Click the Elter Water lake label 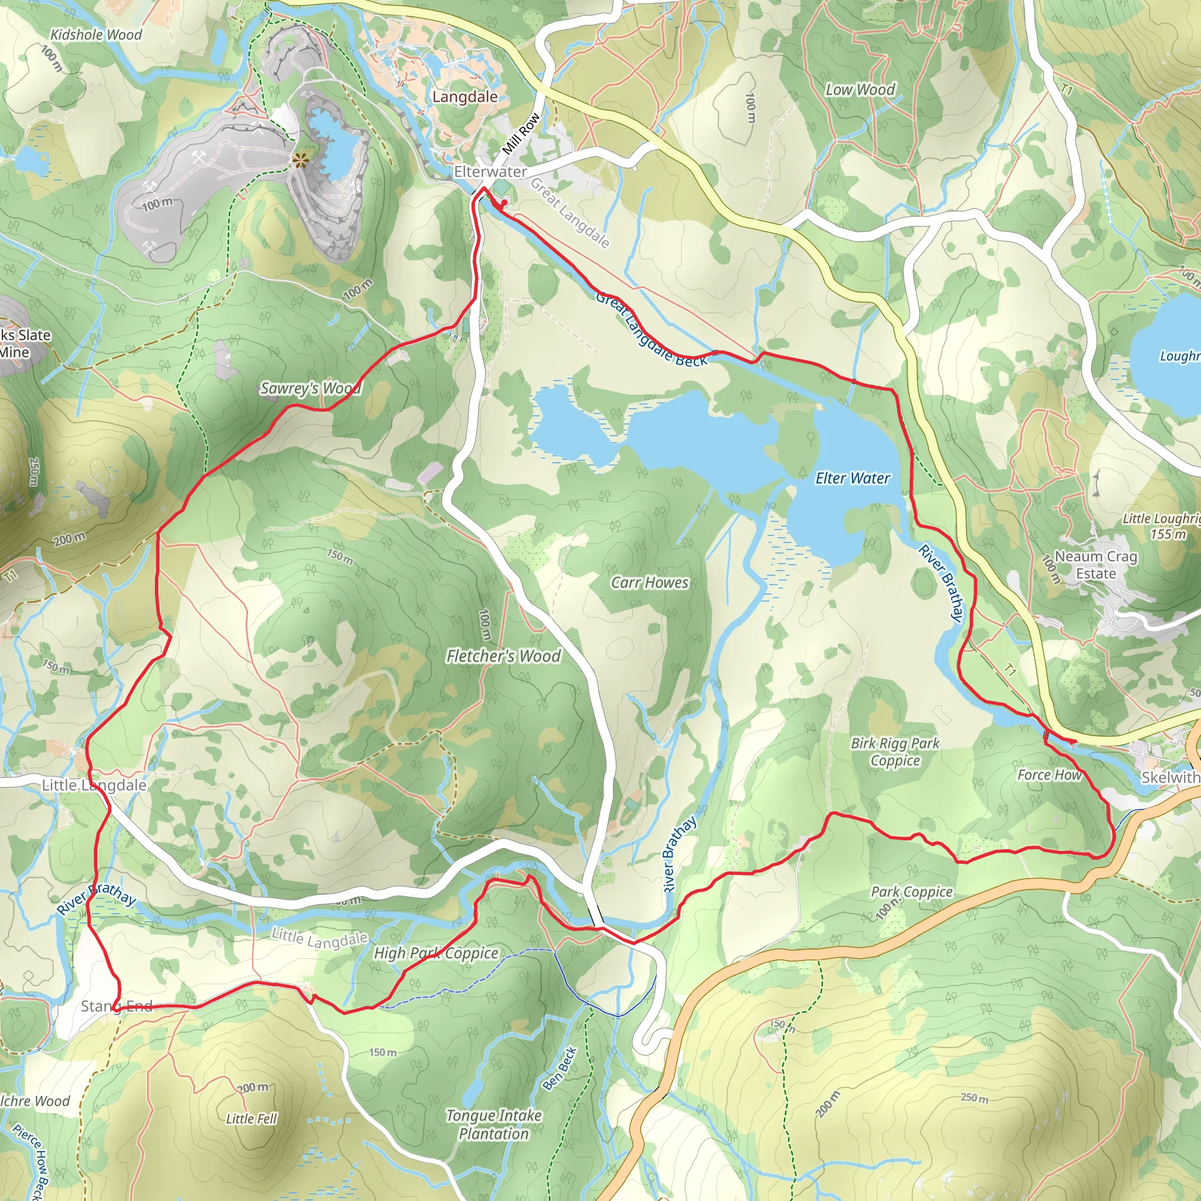(852, 478)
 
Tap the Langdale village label (465, 97)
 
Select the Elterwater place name (490, 172)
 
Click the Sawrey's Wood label (310, 389)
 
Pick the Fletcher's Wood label (504, 656)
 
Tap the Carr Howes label (650, 582)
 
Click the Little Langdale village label (94, 785)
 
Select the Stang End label (117, 1006)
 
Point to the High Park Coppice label (436, 953)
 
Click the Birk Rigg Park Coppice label (895, 752)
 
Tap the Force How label (1049, 775)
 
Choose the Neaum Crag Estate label (1096, 565)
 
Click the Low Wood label (860, 90)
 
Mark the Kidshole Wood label (96, 35)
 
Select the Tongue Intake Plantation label (494, 1125)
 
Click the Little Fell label (251, 1119)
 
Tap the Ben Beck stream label (559, 1068)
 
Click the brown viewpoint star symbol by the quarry (300, 162)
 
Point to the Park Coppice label (911, 892)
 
